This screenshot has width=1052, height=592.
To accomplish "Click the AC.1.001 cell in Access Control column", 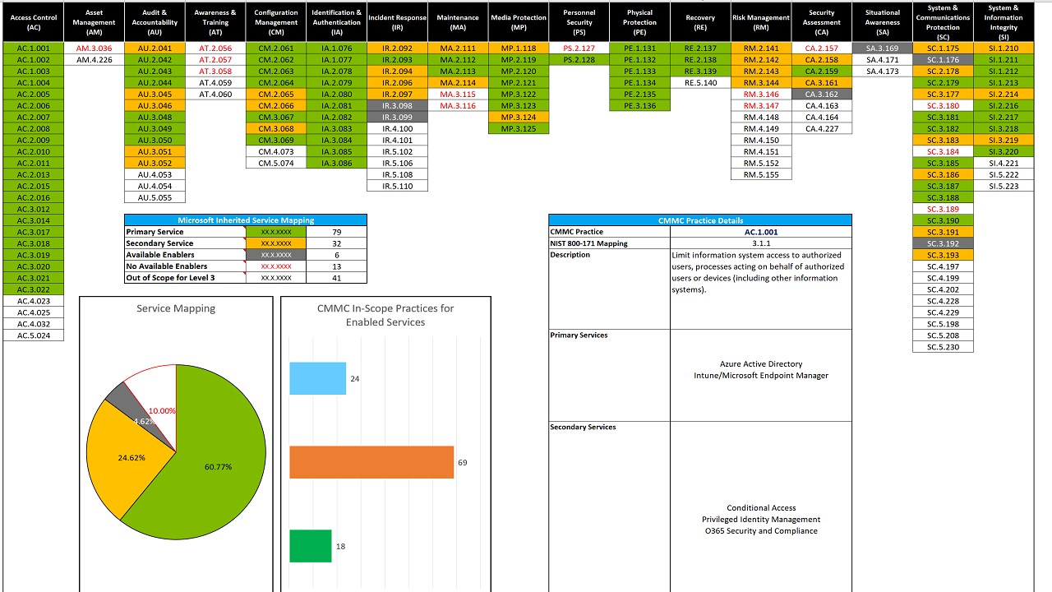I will (34, 49).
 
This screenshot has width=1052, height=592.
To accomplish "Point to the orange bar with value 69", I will (371, 462).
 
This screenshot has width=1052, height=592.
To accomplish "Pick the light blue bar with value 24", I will (317, 378).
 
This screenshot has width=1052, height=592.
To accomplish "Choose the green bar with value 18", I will (310, 546).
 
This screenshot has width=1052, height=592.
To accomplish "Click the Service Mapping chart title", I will (176, 308).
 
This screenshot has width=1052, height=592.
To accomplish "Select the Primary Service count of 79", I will (336, 232).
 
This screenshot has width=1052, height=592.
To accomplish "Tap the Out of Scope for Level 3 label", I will (170, 278).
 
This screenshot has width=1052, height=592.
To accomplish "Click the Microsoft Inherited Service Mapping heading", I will (246, 220).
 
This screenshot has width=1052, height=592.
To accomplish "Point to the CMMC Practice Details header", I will (700, 220).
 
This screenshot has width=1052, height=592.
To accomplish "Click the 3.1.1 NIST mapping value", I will (761, 243).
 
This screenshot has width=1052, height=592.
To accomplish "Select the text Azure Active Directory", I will (761, 363).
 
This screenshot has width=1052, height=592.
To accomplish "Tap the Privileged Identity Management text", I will (761, 519).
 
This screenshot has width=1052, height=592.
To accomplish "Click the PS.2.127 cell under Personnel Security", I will (579, 49).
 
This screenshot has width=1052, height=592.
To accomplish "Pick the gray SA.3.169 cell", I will (882, 49).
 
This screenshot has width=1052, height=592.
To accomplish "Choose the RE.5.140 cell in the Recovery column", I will (700, 83).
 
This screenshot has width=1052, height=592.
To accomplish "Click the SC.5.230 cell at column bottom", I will (943, 347).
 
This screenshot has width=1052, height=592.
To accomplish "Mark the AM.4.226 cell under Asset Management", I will (95, 60).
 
